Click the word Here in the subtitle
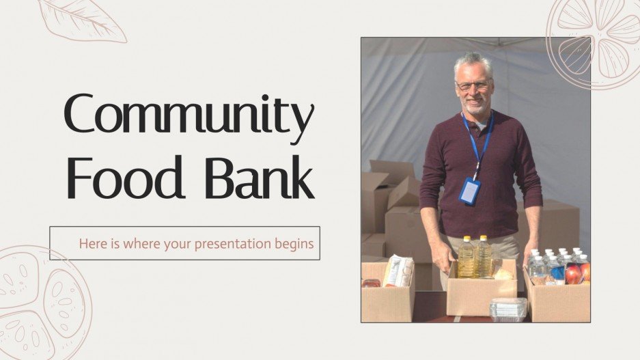tap(92, 243)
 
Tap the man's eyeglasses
tap(473, 85)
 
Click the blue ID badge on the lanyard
tap(470, 191)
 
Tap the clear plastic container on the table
tap(508, 309)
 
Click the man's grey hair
tap(473, 62)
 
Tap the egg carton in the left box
tap(399, 271)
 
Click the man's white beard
tap(476, 106)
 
